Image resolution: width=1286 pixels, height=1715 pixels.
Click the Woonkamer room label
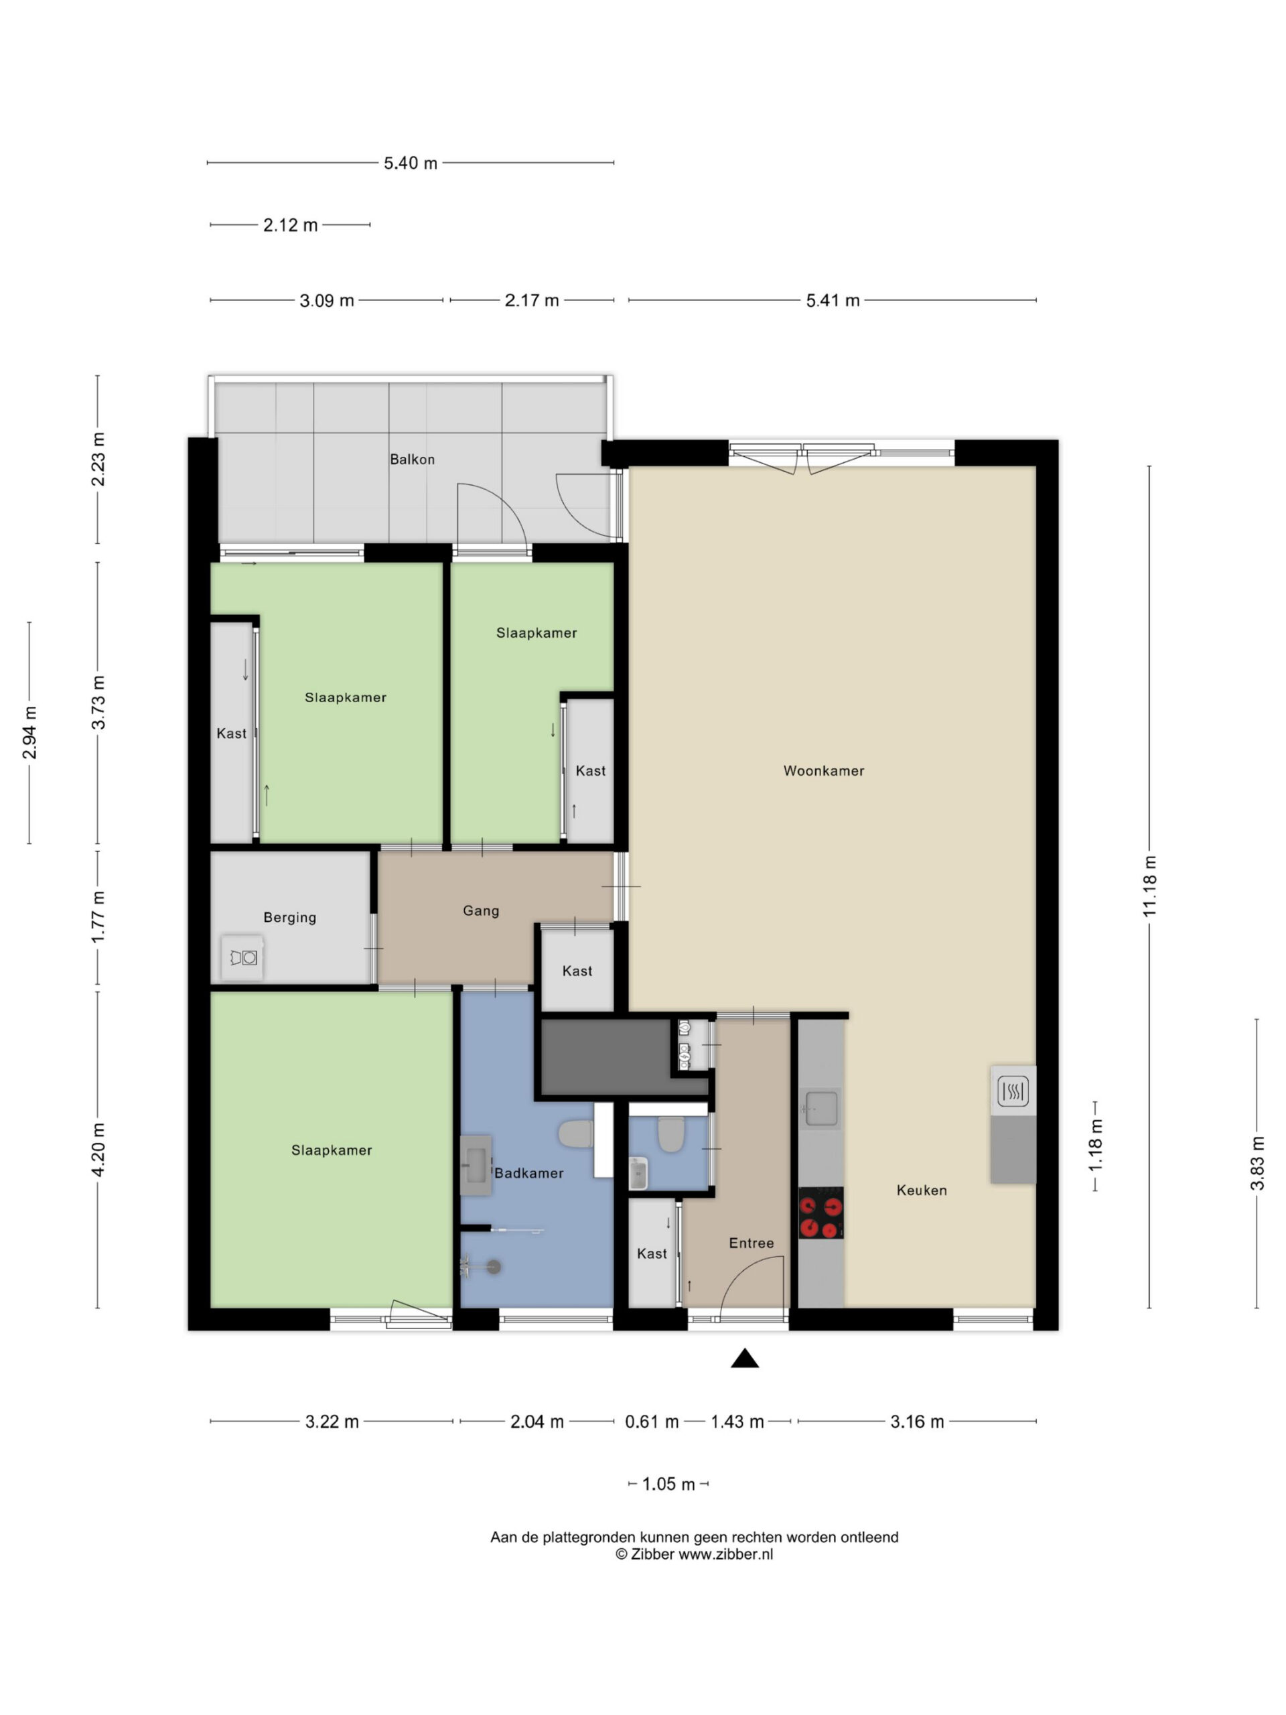823,770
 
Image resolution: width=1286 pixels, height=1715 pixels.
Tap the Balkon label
412,459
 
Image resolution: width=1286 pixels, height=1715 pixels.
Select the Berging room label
290,917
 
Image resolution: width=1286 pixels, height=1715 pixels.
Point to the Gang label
481,910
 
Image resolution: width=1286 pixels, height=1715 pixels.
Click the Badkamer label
528,1173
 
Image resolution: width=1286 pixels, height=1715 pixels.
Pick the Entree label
751,1243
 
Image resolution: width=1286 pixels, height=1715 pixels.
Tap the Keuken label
922,1190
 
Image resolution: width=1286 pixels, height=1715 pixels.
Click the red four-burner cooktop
821,1212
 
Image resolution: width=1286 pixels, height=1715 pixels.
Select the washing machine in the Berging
242,957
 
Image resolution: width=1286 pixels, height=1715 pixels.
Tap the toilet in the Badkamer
575,1134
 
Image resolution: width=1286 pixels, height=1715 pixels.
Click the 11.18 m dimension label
1149,886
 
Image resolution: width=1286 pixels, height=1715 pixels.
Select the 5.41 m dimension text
833,300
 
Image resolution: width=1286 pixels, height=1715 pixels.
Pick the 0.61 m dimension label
652,1421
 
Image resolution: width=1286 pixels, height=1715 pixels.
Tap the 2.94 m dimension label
29,733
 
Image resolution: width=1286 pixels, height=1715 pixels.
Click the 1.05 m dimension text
668,1483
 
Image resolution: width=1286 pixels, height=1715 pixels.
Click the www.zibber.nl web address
725,1553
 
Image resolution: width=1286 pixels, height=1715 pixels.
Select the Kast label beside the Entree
651,1253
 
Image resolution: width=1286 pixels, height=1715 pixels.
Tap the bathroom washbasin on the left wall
476,1164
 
